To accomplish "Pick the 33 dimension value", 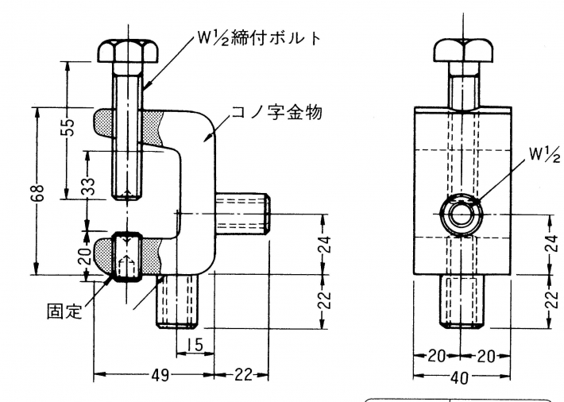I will point(90,187).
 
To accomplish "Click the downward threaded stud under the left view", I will point(182,303).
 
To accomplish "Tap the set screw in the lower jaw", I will point(127,256).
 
